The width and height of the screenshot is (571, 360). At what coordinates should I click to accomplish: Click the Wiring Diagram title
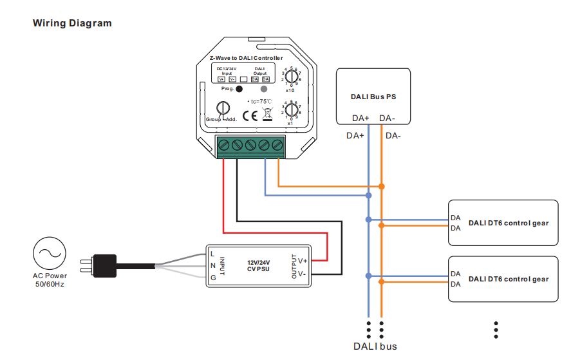(72, 23)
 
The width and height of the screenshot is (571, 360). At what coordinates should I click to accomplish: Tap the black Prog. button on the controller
(239, 90)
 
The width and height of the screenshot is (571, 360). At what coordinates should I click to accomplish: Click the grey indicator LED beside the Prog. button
(264, 90)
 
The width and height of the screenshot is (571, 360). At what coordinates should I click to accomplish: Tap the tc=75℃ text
(260, 102)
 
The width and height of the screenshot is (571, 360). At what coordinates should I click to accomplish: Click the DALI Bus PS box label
(373, 97)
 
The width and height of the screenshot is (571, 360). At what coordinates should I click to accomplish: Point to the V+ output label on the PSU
(303, 261)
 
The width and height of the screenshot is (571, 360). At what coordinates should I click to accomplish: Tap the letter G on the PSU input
(213, 277)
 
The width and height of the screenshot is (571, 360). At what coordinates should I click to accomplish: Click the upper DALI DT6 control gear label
(509, 223)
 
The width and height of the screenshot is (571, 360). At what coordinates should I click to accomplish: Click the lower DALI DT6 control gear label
(509, 279)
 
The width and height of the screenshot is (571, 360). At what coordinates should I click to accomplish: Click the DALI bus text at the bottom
(375, 346)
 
